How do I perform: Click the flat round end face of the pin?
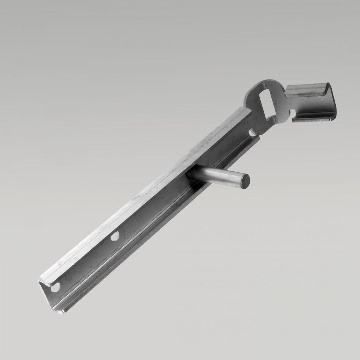245,181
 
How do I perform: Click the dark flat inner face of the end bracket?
329,104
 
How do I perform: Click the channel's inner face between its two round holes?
86,261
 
